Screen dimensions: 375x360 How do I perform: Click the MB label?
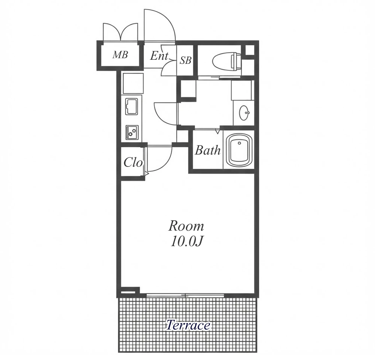[x=120, y=55]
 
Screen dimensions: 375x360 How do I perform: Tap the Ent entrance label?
[x=159, y=56]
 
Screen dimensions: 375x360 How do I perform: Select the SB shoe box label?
[x=186, y=60]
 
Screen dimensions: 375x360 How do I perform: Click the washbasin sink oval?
[x=244, y=112]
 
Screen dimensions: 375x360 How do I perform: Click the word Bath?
[x=207, y=151]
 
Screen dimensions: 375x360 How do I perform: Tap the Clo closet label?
[x=133, y=162]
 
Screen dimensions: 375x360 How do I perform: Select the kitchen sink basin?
[x=132, y=107]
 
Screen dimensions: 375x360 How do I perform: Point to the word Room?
[x=186, y=226]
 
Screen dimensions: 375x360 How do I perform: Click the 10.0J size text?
[x=186, y=242]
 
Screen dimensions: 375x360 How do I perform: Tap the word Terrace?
[x=188, y=325]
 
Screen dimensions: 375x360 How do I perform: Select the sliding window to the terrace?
[x=186, y=295]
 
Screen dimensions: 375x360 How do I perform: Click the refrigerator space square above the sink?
[x=133, y=83]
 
